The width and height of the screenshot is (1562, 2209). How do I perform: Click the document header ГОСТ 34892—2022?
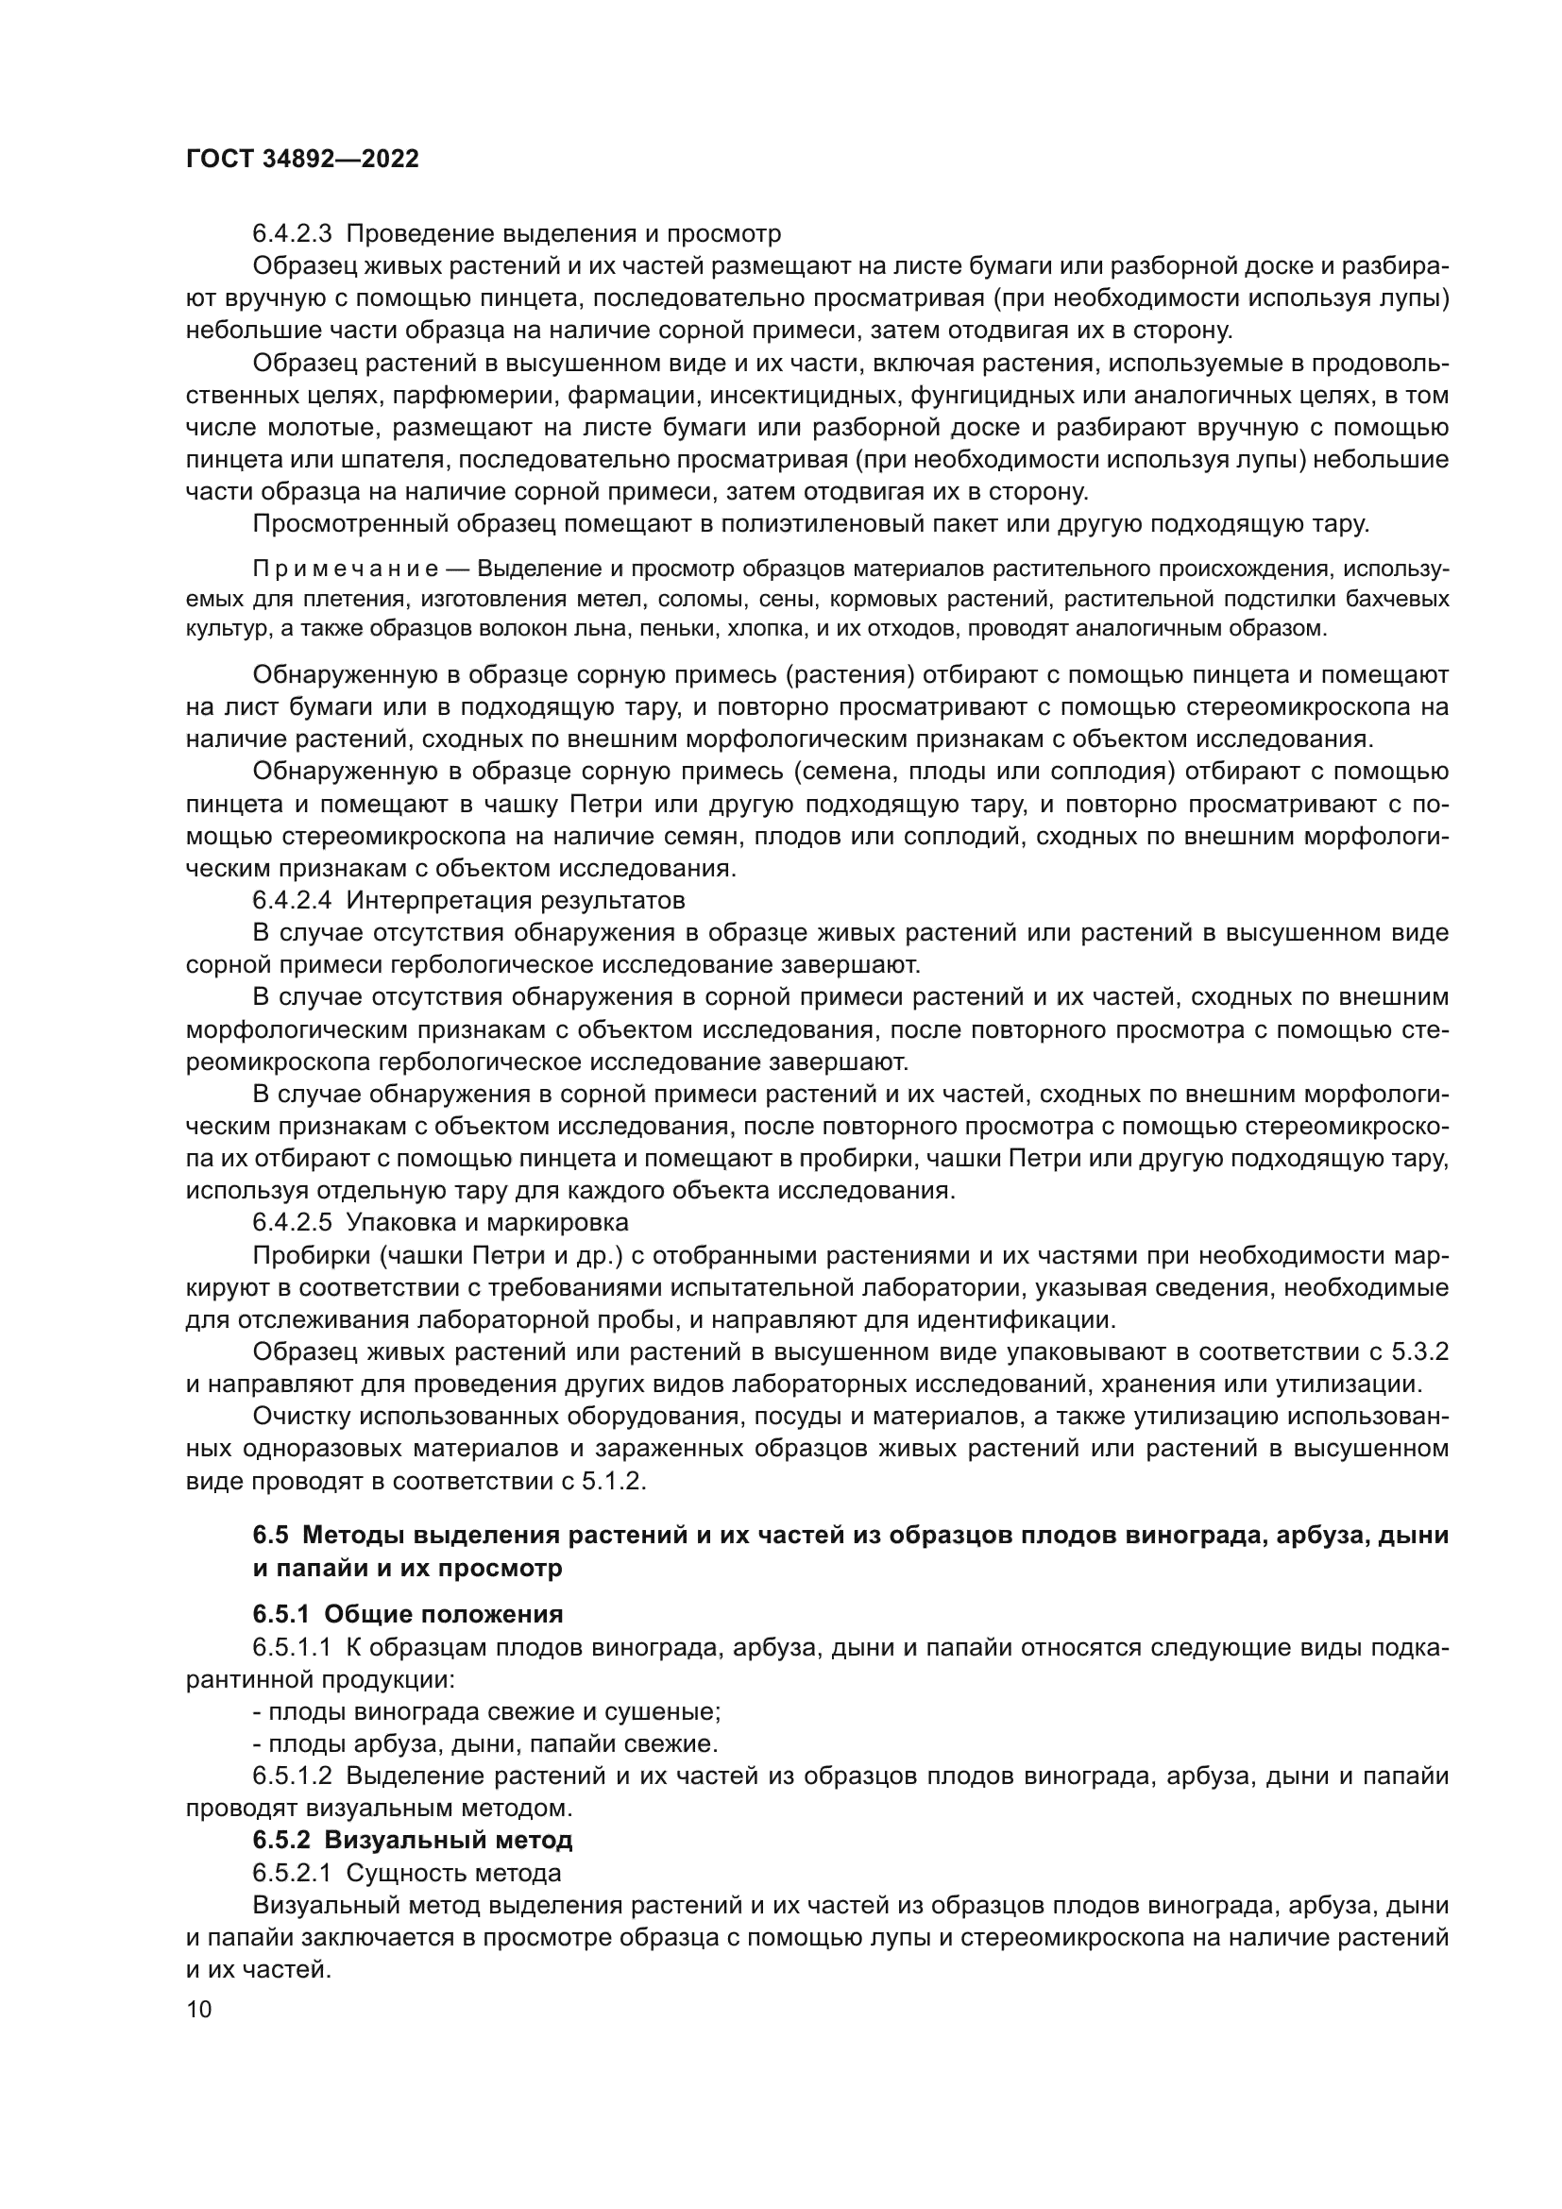302,160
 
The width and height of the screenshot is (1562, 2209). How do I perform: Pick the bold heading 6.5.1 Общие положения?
408,1613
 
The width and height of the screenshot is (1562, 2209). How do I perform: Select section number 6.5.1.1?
293,1647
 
